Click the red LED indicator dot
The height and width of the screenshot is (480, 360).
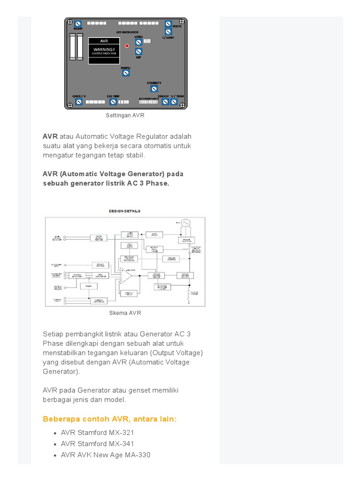(127, 46)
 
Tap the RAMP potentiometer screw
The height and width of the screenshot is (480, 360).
(78, 24)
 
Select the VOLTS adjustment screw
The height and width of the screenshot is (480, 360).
(168, 24)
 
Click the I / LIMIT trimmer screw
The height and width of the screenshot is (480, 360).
(168, 32)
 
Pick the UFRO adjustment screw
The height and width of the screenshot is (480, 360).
(139, 42)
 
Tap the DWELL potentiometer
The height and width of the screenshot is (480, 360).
(126, 73)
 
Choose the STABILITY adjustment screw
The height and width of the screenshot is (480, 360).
(154, 89)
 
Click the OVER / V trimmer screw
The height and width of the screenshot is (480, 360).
(79, 101)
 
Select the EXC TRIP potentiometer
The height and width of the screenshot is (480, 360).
(113, 101)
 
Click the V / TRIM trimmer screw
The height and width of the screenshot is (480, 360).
(174, 101)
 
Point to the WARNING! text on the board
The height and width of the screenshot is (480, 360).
(104, 49)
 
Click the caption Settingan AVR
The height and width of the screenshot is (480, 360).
(125, 115)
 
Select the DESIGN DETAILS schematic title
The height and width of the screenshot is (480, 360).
(125, 211)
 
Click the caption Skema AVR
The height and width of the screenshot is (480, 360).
(125, 313)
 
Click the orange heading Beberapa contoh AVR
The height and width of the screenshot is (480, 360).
(110, 419)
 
